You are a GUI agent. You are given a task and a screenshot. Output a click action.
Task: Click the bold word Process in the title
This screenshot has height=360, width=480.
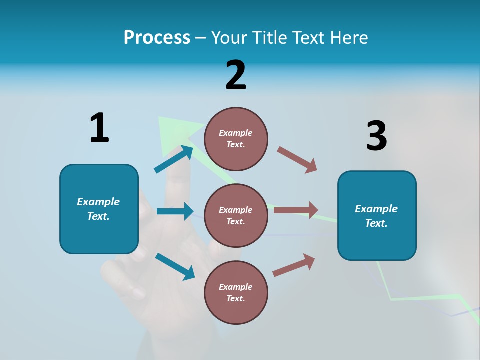[157, 38]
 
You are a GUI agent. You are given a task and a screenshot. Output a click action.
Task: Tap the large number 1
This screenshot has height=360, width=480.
[99, 128]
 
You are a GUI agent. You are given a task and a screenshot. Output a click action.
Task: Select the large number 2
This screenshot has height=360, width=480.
[236, 75]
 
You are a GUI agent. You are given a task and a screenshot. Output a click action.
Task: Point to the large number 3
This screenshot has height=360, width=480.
[376, 136]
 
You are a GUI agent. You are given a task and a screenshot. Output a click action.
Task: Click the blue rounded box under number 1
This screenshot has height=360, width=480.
[99, 209]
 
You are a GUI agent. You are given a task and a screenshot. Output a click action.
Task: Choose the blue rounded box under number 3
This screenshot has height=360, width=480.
[377, 215]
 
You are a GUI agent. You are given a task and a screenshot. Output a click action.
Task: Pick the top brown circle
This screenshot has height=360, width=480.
[236, 139]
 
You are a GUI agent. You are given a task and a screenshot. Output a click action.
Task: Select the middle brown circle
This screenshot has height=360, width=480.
[236, 215]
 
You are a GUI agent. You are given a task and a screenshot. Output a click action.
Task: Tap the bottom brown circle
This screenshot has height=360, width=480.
[236, 292]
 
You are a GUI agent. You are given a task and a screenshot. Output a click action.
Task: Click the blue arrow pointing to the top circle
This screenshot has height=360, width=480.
[174, 159]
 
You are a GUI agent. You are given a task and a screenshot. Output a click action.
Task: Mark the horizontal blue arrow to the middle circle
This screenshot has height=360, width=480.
[175, 211]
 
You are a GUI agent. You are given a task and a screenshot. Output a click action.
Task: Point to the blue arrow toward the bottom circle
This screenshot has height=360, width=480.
[175, 266]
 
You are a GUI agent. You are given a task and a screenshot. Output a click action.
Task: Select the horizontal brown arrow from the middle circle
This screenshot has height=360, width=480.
[296, 210]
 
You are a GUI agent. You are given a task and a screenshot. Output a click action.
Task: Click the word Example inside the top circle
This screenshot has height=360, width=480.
[236, 133]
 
